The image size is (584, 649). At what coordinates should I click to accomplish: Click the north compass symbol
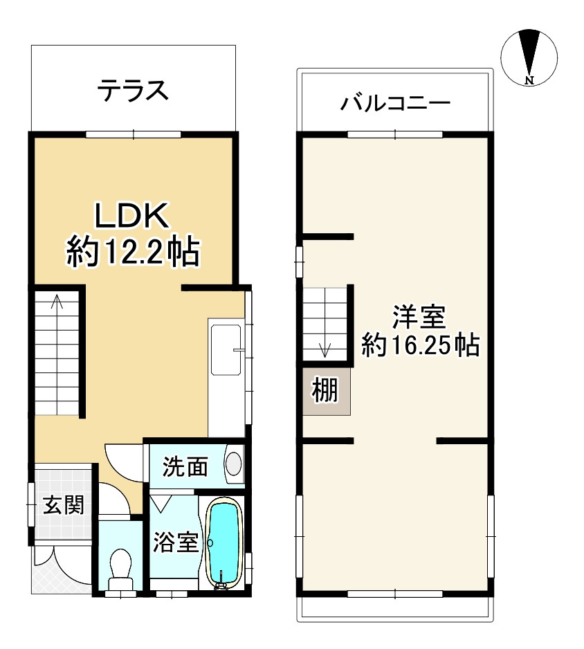coord(529,57)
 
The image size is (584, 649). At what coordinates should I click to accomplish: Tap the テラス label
coord(133,90)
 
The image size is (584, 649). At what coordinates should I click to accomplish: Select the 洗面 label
coord(185,467)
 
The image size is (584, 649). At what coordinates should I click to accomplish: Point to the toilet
coord(121,567)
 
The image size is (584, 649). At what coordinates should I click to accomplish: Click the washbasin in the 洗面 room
coord(235,463)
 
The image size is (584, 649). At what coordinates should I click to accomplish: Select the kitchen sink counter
coord(226,377)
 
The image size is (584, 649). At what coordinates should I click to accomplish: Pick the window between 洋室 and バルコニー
coord(394,133)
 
